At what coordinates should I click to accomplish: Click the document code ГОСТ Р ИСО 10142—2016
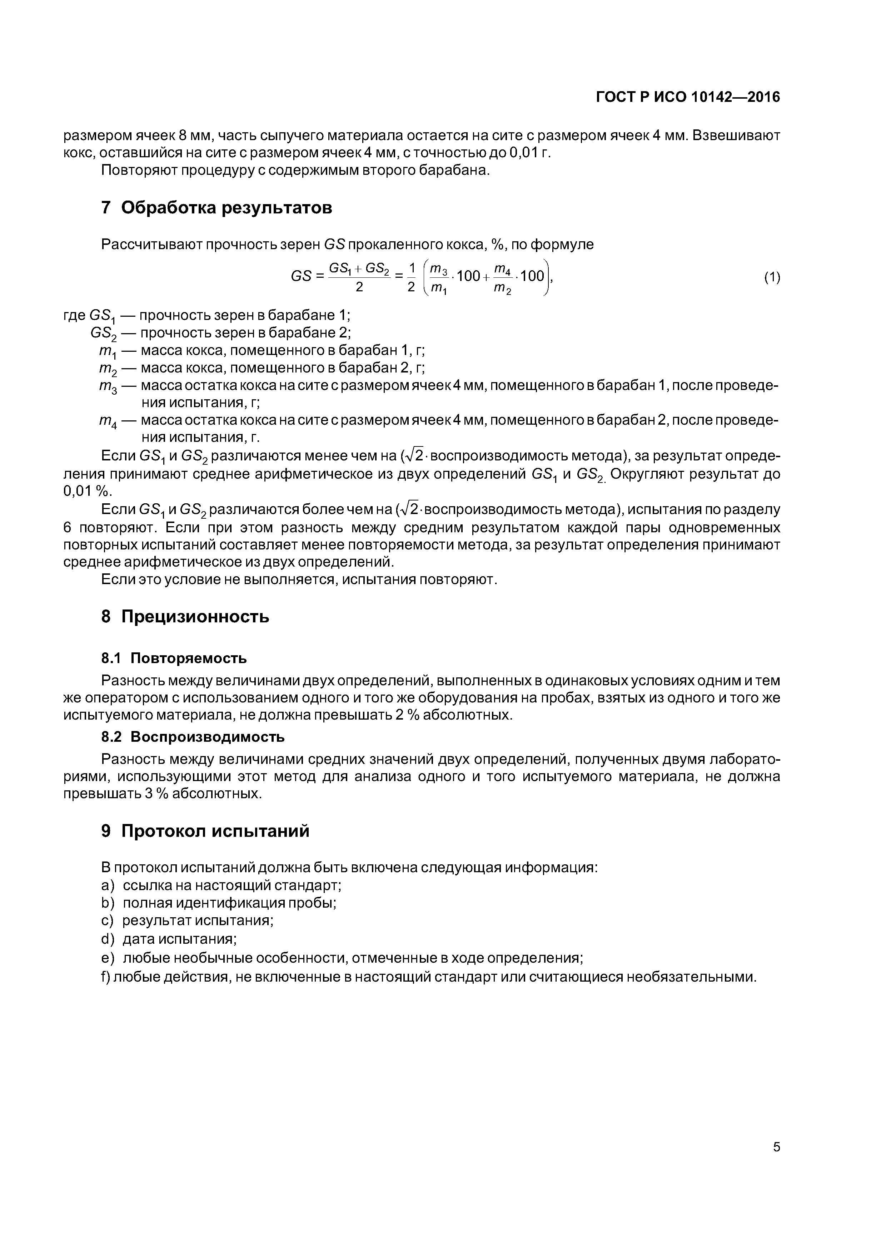pos(688,97)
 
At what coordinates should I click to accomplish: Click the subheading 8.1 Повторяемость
pos(174,658)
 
